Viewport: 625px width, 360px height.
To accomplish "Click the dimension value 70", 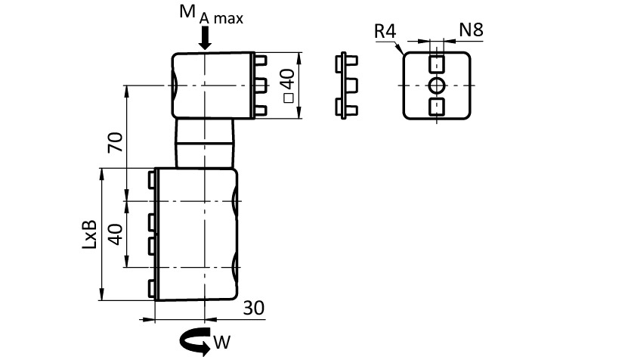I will [x=115, y=142].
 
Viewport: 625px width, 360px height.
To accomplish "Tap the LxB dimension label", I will [x=90, y=234].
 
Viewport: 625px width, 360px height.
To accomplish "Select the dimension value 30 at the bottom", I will [x=253, y=308].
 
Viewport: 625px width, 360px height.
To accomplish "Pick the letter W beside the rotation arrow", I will [x=221, y=343].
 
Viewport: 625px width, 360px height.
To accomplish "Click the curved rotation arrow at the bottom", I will [x=193, y=341].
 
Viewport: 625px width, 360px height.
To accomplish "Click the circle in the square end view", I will [x=438, y=85].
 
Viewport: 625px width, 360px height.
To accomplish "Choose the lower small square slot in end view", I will [x=438, y=107].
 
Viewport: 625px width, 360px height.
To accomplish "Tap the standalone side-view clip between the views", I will [x=346, y=85].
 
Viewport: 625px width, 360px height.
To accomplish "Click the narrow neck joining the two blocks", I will [x=204, y=143].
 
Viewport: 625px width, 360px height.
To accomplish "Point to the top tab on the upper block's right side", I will [x=261, y=59].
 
